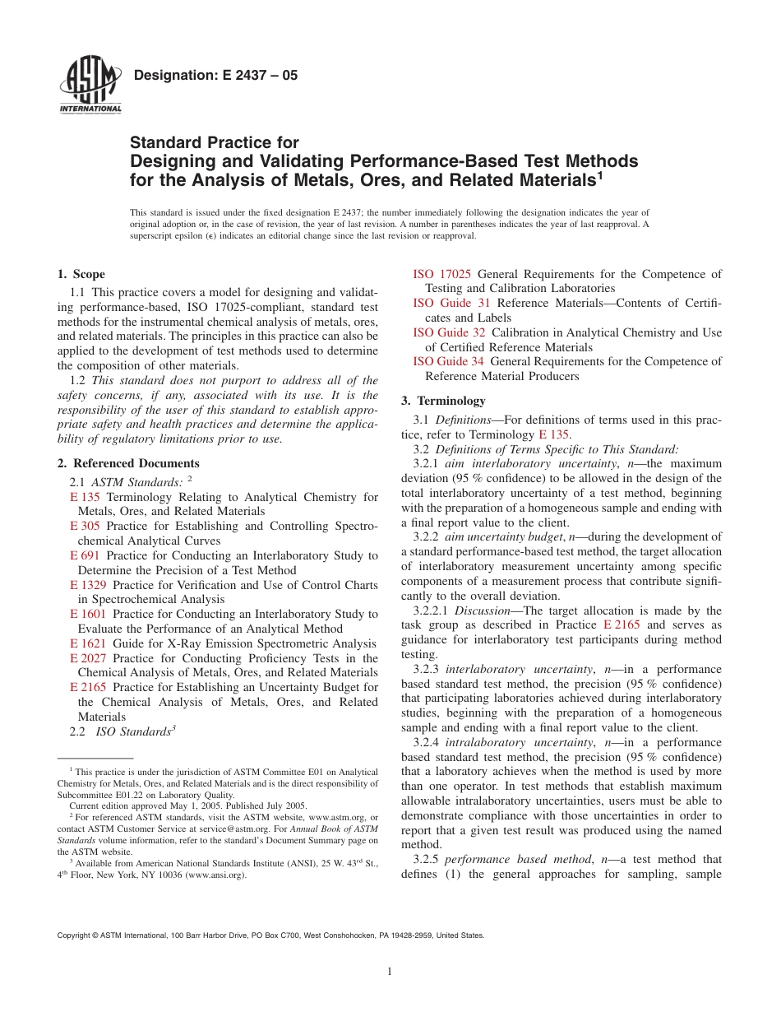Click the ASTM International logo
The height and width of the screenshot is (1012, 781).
[90, 86]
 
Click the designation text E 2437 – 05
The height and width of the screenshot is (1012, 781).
[215, 76]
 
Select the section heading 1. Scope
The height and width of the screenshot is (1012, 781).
[81, 274]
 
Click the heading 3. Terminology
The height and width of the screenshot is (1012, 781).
[443, 401]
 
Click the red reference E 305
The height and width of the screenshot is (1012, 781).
[85, 526]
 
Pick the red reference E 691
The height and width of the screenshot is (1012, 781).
[85, 555]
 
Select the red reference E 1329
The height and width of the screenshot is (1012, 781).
[88, 585]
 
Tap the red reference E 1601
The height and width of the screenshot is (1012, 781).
[88, 614]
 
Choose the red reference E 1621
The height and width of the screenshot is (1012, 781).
[88, 643]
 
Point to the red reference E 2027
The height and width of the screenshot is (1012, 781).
[88, 658]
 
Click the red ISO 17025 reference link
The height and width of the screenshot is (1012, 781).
[441, 274]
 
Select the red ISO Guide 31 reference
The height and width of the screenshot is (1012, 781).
[451, 303]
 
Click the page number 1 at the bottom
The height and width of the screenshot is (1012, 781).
[390, 972]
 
